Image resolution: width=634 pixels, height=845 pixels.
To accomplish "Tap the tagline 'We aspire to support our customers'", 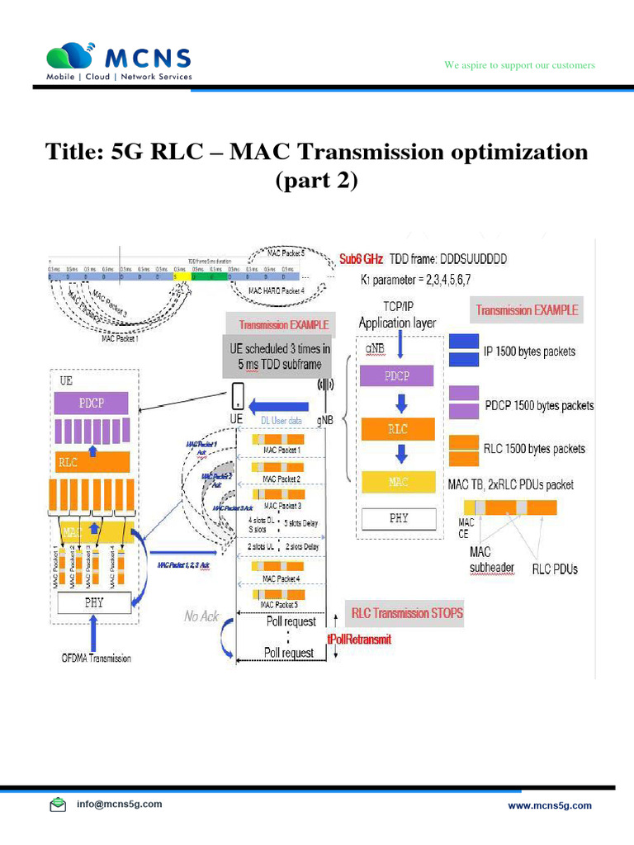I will pyautogui.click(x=519, y=65).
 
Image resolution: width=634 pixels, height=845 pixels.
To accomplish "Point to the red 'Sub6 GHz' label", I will pyautogui.click(x=361, y=258).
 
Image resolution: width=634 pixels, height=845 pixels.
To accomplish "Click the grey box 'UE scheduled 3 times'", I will pyautogui.click(x=280, y=356).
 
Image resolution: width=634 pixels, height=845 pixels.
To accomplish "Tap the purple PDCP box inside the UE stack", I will pyautogui.click(x=92, y=403).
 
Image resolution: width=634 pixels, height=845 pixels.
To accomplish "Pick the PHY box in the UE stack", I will pyautogui.click(x=94, y=603).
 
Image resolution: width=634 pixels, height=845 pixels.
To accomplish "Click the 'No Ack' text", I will pyautogui.click(x=202, y=616).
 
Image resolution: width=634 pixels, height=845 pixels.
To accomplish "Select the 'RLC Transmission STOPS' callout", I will pyautogui.click(x=407, y=613).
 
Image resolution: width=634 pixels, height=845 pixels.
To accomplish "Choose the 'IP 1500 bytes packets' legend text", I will pyautogui.click(x=529, y=352).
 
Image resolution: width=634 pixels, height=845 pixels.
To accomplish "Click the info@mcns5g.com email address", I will pyautogui.click(x=119, y=804).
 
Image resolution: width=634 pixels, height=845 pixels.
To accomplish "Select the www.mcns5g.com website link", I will pyautogui.click(x=549, y=805).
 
